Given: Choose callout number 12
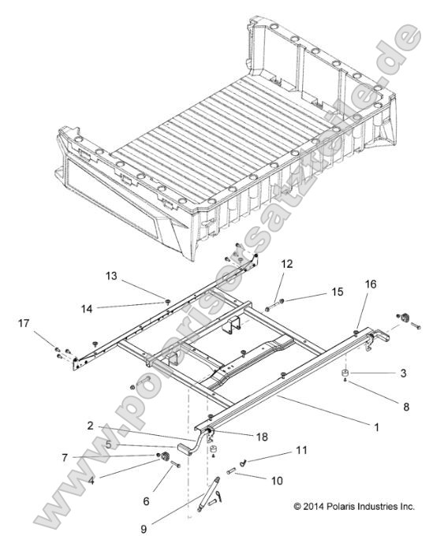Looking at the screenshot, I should coord(285,264).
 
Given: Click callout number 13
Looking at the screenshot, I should coord(110,276).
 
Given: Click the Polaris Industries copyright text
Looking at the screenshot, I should coord(353,506).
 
